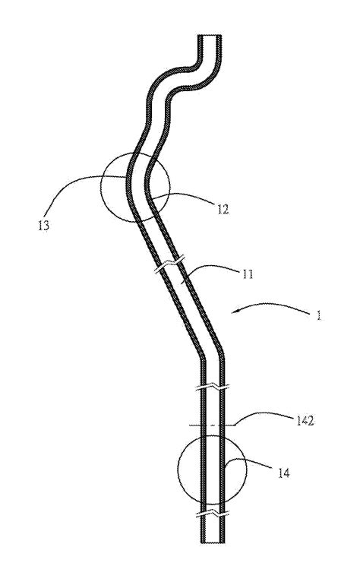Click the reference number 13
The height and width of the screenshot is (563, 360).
point(43,226)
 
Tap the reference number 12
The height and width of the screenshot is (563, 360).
point(223,209)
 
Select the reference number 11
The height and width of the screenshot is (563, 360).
point(248,274)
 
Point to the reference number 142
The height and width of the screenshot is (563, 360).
point(305,421)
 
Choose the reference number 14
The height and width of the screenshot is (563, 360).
point(283,473)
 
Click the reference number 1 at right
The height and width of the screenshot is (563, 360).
point(318,316)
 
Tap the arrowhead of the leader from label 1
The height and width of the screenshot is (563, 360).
point(232,313)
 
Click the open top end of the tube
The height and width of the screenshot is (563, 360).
point(210,35)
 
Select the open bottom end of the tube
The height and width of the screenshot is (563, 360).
point(213,542)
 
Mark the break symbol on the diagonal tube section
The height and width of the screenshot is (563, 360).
point(170,264)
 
